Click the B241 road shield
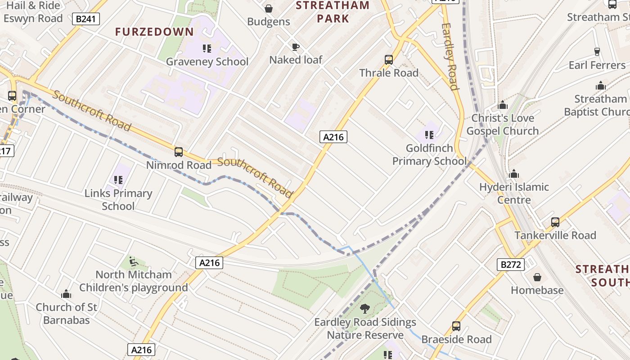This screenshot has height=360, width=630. point(85,19)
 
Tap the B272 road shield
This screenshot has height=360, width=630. point(511,264)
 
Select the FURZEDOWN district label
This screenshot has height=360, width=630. point(154,32)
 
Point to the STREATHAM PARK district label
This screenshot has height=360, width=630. point(333,12)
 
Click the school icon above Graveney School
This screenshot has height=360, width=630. point(207,48)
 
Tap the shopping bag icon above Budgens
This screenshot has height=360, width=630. point(269,9)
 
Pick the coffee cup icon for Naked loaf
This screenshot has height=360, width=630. point(295,46)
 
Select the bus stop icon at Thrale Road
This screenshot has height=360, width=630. point(389,59)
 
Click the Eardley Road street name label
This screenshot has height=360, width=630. point(450,56)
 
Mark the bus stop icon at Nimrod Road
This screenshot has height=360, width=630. point(179,152)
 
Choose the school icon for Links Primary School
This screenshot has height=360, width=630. point(118,180)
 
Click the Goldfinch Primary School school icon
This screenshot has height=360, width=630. point(429,135)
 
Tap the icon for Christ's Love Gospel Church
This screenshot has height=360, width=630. point(503,105)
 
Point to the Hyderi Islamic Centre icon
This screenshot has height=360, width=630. point(514,174)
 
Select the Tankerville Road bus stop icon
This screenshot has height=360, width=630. point(555,222)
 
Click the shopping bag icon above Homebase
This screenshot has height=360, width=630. point(537,277)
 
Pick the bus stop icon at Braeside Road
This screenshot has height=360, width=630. point(456,326)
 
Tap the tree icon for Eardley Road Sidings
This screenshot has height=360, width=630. point(365,309)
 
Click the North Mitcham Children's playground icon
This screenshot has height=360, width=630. point(134,261)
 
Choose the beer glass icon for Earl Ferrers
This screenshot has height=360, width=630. point(597,52)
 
